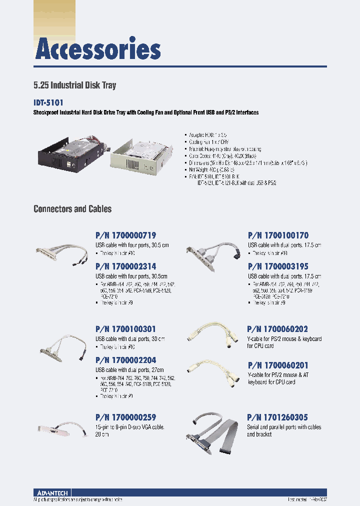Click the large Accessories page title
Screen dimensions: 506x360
click(98, 50)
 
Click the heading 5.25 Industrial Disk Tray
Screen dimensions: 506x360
click(74, 85)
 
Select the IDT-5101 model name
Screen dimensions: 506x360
click(48, 102)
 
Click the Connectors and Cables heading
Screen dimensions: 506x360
click(72, 209)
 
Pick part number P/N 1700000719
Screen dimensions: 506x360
click(125, 235)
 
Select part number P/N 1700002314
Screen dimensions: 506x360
click(125, 267)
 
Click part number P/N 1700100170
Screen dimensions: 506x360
click(278, 235)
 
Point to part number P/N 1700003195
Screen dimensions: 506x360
click(278, 267)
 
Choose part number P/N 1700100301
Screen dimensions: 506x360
click(125, 329)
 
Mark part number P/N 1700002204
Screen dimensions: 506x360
click(125, 360)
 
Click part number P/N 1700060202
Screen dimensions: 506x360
click(277, 329)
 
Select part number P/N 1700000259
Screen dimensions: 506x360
click(125, 417)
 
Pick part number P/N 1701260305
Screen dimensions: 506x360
click(277, 417)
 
